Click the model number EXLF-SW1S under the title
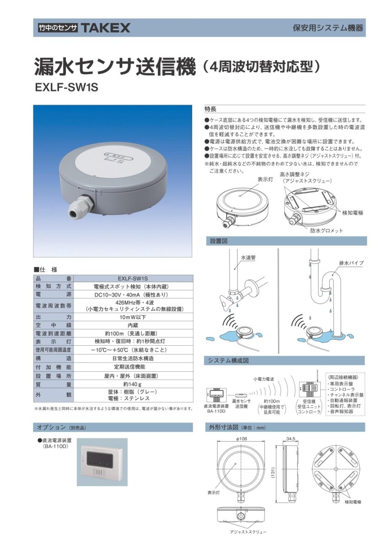pyautogui.click(x=66, y=87)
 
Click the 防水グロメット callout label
pyautogui.click(x=326, y=231)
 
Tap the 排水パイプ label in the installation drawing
pyautogui.click(x=351, y=263)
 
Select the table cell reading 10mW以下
pyautogui.click(x=132, y=316)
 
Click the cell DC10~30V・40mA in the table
pyautogui.click(x=132, y=295)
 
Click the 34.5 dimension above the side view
pyautogui.click(x=291, y=438)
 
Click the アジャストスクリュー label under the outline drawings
pyautogui.click(x=248, y=532)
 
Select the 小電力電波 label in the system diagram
pyautogui.click(x=264, y=379)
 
